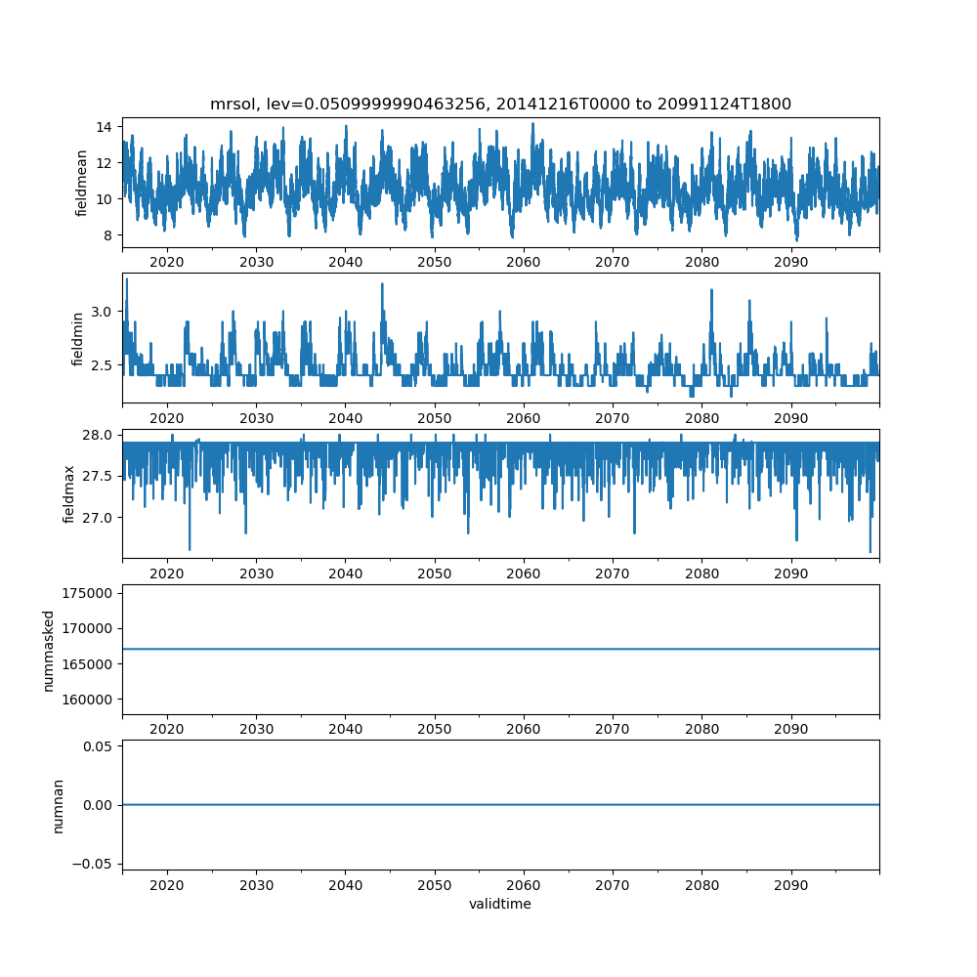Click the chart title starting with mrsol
500,104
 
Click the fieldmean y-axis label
82,183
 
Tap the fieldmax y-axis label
68,493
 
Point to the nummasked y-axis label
48,650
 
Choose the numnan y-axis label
58,805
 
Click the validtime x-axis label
500,904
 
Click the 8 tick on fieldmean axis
107,235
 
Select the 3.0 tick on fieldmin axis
101,311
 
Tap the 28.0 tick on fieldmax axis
97,435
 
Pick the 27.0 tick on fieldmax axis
97,517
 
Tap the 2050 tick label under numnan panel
435,884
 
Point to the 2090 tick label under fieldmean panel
790,262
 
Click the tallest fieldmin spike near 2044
382,283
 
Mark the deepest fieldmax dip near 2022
190,549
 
